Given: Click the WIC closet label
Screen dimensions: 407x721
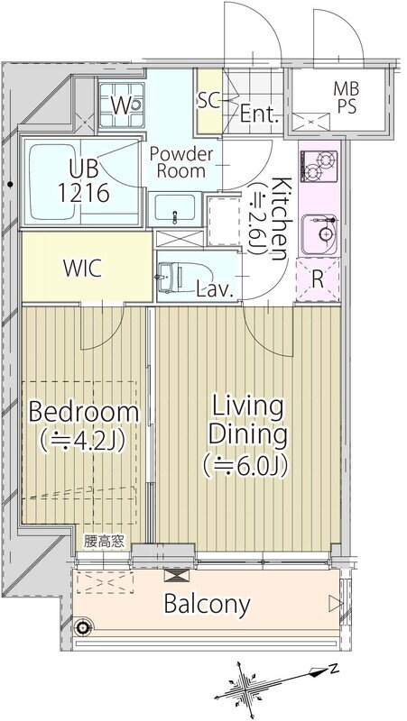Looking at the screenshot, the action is [82, 269].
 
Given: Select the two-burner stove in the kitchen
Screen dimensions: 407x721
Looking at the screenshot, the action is [319, 166].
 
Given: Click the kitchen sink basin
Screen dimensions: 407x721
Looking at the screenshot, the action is [326, 233].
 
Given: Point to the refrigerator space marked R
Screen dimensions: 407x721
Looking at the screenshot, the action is [318, 279].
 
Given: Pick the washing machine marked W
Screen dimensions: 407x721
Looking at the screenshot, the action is [122, 105].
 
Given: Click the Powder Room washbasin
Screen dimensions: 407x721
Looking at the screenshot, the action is [174, 208].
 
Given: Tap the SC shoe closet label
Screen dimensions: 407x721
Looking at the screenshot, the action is [209, 101].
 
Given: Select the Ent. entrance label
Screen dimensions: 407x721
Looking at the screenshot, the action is [260, 114].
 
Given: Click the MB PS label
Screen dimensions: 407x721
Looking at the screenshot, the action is [347, 96].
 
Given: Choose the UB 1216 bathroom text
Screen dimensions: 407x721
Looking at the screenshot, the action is [84, 181].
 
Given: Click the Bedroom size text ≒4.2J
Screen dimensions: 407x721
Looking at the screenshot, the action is [83, 442].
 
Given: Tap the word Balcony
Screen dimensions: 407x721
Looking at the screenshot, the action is [208, 604].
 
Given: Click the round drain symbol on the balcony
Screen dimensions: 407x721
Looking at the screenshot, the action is [83, 625].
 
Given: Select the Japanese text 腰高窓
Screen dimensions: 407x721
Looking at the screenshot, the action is [104, 542].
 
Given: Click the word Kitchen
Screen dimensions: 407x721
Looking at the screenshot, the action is [279, 218].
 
